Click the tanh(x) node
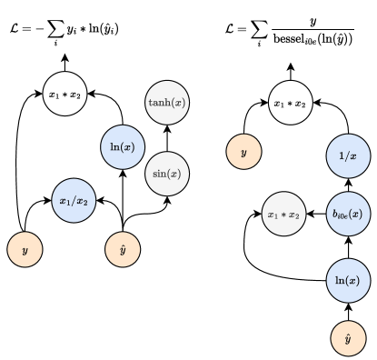click(x=167, y=103)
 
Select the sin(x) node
click(x=167, y=174)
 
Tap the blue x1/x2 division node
click(x=74, y=202)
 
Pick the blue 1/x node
click(x=348, y=156)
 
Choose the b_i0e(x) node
click(x=348, y=215)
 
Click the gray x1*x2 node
click(x=283, y=215)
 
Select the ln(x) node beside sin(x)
click(x=122, y=147)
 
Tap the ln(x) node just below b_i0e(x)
click(x=348, y=281)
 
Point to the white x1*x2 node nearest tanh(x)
click(x=65, y=94)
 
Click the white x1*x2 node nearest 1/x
click(x=291, y=104)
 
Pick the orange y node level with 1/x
click(x=243, y=153)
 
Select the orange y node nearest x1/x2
click(x=25, y=250)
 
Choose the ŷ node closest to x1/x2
click(x=123, y=250)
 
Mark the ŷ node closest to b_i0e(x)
click(x=348, y=338)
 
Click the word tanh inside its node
click(x=161, y=103)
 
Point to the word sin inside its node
click(x=162, y=174)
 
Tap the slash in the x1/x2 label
click(x=74, y=202)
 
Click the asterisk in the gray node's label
click(x=283, y=215)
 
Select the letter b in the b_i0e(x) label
click(x=335, y=215)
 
